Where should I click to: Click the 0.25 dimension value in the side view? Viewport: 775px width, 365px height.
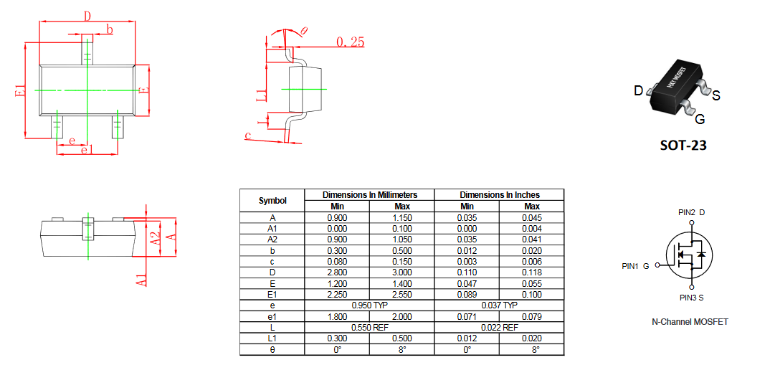(x=351, y=42)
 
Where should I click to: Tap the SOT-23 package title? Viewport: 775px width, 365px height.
(x=683, y=146)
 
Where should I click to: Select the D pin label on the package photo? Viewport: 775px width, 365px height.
(x=639, y=91)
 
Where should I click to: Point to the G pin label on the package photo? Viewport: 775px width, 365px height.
(x=700, y=120)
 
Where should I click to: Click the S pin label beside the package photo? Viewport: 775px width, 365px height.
(x=715, y=95)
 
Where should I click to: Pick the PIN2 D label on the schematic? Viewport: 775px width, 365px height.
(x=691, y=213)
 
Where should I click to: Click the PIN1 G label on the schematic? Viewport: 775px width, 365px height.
(x=636, y=266)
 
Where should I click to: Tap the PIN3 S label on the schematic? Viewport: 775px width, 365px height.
(x=691, y=298)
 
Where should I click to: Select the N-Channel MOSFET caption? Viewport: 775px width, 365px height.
(x=690, y=321)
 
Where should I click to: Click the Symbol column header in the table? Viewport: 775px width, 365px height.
(x=272, y=200)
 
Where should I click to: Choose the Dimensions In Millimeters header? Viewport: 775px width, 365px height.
(x=370, y=195)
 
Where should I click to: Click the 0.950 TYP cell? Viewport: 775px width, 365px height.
(x=370, y=305)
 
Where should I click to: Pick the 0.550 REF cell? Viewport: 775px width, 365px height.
(x=370, y=328)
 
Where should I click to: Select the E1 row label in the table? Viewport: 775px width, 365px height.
(x=272, y=295)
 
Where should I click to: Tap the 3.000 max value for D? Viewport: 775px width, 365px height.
(x=401, y=272)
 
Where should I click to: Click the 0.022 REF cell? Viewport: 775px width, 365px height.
(x=500, y=328)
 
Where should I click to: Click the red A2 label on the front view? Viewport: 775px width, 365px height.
(x=155, y=238)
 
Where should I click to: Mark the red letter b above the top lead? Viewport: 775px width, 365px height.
(x=110, y=29)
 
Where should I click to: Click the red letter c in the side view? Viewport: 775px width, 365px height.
(x=248, y=135)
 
